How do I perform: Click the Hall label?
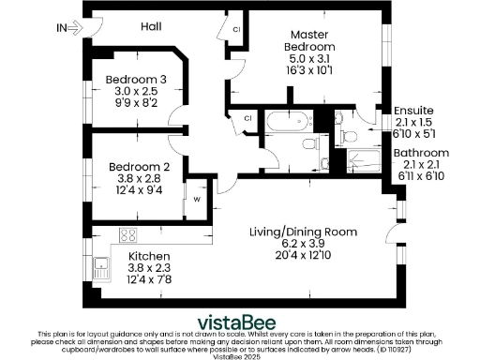coord(151,27)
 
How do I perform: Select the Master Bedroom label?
coord(309,40)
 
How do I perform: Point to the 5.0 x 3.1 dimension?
coord(309,58)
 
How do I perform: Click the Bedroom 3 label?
coord(136,79)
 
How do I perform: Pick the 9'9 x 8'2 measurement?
coord(136,105)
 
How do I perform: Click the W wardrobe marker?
coord(197,199)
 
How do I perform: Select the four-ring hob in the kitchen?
coord(128,236)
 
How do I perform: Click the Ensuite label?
coord(413,110)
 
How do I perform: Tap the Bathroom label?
coord(421,152)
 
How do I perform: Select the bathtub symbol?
coord(280,123)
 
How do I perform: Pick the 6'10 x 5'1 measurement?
coord(413,133)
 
